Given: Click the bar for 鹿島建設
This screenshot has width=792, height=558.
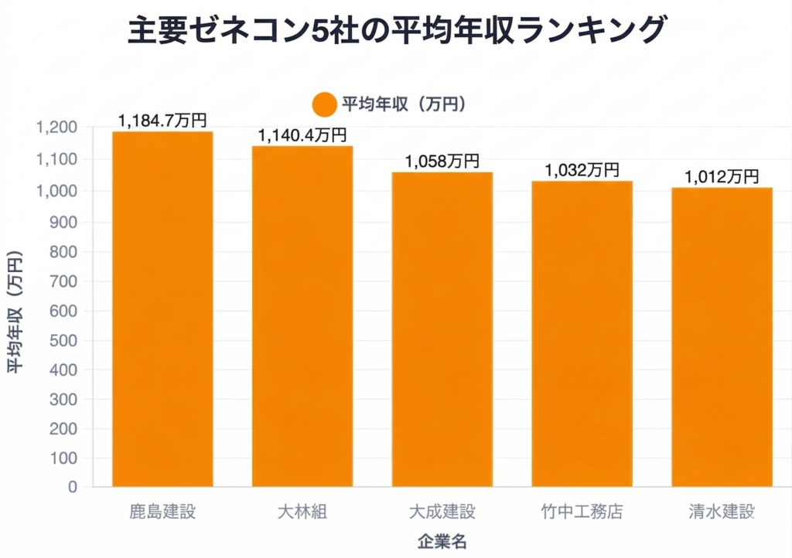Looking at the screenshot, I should (162, 309).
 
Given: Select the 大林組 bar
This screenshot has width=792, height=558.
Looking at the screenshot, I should (302, 316).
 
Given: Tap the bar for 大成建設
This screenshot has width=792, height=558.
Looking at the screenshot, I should (442, 329).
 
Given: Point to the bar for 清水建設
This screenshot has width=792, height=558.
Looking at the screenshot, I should (722, 337).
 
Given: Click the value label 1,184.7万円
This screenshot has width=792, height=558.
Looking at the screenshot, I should (162, 121).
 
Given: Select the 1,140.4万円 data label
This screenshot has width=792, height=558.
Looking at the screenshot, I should (302, 135).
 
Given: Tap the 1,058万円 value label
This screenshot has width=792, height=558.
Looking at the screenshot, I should (442, 161).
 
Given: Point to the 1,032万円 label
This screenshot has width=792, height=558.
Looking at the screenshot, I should (582, 169).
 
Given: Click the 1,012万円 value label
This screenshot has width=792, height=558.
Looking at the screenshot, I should (722, 176).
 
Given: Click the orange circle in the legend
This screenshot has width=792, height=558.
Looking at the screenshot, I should (324, 104).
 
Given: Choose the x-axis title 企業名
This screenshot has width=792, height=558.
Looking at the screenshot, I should (442, 540).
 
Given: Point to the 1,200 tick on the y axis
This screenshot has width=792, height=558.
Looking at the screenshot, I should (56, 128).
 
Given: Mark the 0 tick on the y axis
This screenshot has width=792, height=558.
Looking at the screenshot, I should (73, 487).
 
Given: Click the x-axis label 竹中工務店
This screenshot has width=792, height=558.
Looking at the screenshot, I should (582, 512).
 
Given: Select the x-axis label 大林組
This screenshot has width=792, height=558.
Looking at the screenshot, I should (302, 512).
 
